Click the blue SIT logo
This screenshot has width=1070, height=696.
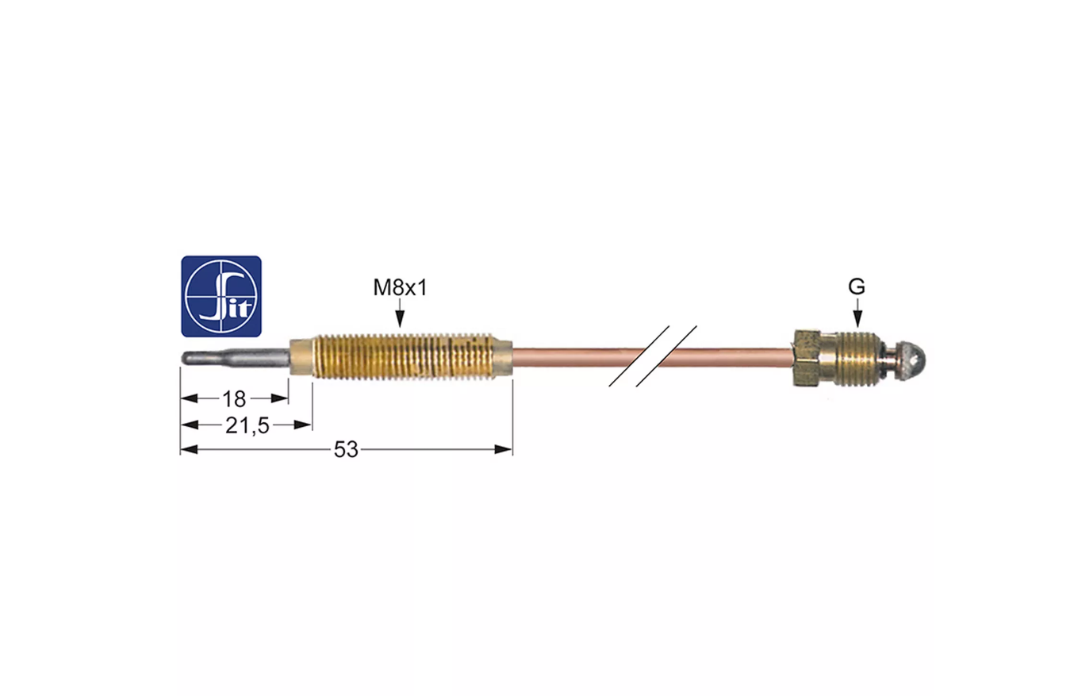[x=221, y=296]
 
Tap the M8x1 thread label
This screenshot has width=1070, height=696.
[x=400, y=288]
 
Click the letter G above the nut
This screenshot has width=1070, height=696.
[x=857, y=286]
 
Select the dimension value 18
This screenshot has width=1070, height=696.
[x=234, y=398]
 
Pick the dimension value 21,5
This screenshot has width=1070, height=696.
[x=247, y=425]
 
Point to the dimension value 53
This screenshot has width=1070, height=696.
[x=346, y=449]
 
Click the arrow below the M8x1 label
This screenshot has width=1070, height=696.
[x=401, y=313]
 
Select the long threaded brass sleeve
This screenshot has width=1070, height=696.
[x=401, y=357]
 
